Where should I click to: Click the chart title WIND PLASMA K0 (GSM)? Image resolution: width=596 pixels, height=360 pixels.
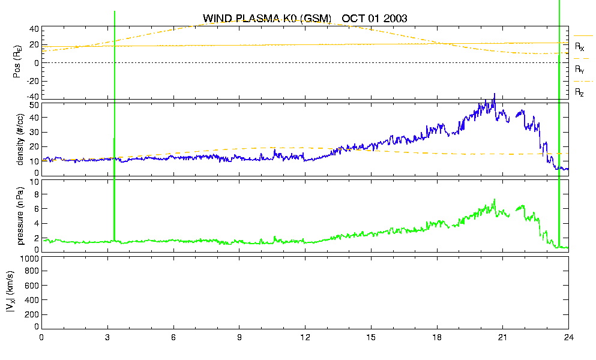(x=267, y=18)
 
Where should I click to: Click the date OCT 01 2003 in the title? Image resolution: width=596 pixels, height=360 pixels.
(x=375, y=18)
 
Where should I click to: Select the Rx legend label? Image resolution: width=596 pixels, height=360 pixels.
(x=579, y=47)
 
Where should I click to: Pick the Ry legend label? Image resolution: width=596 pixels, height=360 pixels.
(x=579, y=69)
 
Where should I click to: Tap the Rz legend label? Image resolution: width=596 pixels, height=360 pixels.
(x=579, y=92)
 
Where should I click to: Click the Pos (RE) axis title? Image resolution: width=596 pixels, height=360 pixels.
(x=17, y=62)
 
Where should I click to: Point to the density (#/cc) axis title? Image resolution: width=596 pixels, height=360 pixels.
(x=20, y=139)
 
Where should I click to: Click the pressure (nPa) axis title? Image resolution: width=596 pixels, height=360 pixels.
(x=20, y=215)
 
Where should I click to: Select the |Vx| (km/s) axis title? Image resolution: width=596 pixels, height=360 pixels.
(x=10, y=292)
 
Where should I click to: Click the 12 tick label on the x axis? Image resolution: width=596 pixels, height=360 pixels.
(x=305, y=337)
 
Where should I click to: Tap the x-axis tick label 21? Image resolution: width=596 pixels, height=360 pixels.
(x=502, y=337)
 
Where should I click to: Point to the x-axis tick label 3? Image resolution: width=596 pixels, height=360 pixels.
(x=107, y=337)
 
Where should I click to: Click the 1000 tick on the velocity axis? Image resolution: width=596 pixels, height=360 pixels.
(x=30, y=259)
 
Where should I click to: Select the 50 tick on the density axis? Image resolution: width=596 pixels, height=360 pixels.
(x=34, y=105)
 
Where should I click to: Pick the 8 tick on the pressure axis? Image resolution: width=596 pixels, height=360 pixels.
(x=37, y=194)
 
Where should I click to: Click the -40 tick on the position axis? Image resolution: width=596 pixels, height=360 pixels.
(x=32, y=97)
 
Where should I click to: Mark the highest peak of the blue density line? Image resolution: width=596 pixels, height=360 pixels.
(x=495, y=94)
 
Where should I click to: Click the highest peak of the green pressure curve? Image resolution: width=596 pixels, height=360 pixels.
(x=495, y=199)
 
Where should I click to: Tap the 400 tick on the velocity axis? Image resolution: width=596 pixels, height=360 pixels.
(x=32, y=300)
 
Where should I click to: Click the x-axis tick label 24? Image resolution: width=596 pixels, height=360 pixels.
(x=568, y=337)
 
